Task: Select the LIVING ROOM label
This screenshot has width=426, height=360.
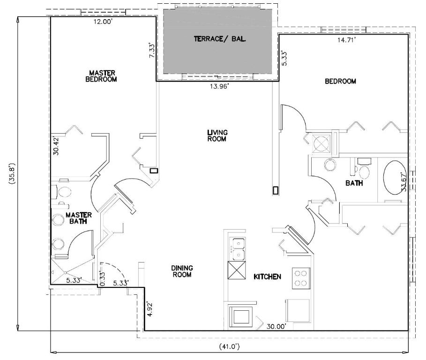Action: pos(217,135)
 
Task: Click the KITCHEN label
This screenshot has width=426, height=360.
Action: pos(267,277)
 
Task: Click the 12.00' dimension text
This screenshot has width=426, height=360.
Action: pos(103,22)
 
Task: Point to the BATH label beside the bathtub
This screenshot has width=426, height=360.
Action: pos(354,183)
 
